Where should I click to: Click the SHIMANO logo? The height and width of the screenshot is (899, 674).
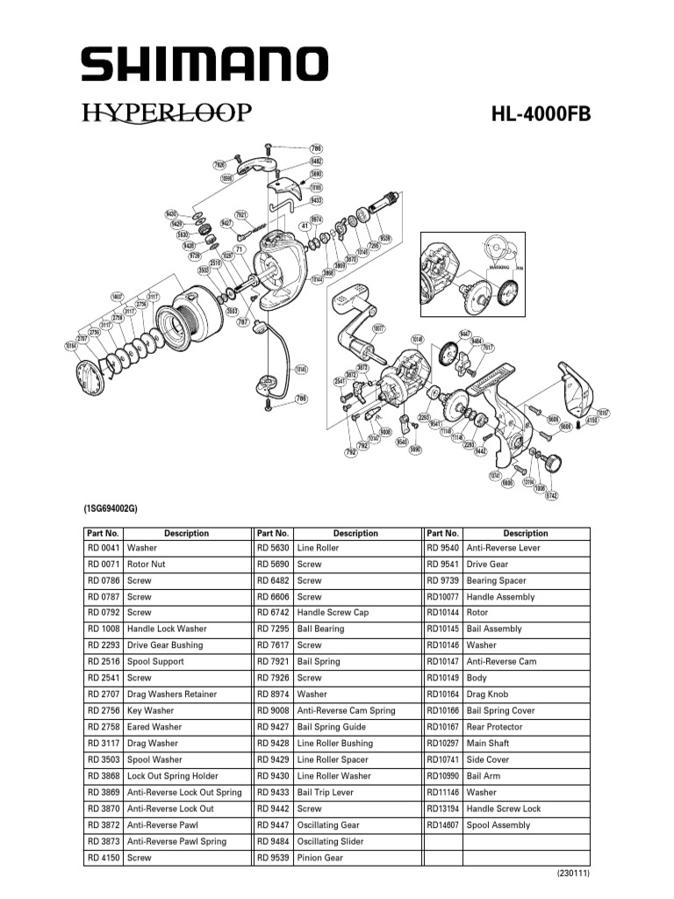[x=204, y=64]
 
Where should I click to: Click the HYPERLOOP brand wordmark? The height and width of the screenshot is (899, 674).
[x=168, y=113]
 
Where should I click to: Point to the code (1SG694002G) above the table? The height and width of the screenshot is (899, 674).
[x=111, y=509]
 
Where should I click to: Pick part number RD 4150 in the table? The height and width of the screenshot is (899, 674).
[x=103, y=858]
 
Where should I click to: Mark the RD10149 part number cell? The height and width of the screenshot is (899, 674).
[x=442, y=678]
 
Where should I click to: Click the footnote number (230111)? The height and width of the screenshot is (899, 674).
[x=572, y=874]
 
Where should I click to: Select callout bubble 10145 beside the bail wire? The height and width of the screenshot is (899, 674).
[x=300, y=369]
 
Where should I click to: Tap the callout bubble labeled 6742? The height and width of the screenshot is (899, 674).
[x=551, y=496]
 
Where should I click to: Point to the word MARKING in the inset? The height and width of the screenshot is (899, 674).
[x=499, y=266]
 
